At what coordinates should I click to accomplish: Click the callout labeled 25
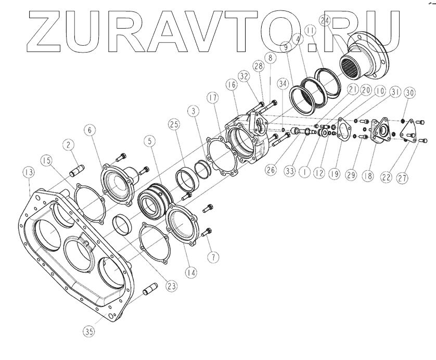coord(174,125)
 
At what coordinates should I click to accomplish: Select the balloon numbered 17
coord(211,99)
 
